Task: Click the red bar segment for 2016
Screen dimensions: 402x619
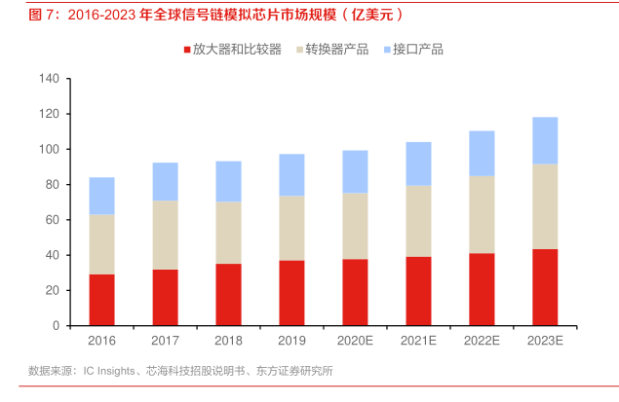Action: [x=101, y=300]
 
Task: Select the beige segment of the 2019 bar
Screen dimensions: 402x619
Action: [x=291, y=228]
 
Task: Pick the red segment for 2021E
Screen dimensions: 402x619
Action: [x=418, y=291]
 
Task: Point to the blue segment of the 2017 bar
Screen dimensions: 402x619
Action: [x=165, y=182]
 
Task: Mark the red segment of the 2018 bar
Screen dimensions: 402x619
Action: [x=228, y=294]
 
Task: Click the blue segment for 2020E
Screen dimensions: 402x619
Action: [x=355, y=171]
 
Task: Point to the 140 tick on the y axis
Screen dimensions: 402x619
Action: [x=50, y=79]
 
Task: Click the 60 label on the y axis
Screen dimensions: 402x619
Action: [x=53, y=220]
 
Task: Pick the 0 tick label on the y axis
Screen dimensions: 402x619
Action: [x=57, y=326]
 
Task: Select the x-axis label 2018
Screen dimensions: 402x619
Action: [x=228, y=341]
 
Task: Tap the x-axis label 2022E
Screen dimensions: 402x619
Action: [x=482, y=341]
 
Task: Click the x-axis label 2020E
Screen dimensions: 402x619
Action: [x=355, y=341]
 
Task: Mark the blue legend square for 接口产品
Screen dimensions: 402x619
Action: [x=387, y=49]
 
